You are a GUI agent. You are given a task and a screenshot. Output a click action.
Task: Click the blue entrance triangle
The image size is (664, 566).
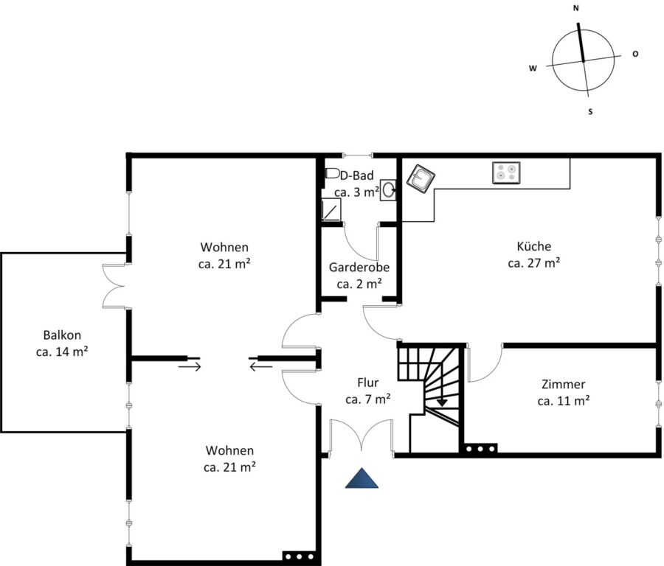(x=362, y=478)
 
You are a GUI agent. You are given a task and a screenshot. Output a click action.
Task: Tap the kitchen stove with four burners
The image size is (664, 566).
(x=506, y=173)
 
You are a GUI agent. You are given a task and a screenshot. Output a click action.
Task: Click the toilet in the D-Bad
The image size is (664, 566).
(x=333, y=173)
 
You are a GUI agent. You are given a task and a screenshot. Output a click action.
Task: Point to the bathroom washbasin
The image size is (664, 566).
(x=388, y=190)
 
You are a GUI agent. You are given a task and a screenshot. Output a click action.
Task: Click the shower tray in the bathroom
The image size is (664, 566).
(x=331, y=209)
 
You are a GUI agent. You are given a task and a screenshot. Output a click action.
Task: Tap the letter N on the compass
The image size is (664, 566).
(x=576, y=8)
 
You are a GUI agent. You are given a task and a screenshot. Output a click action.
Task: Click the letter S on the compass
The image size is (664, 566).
(x=590, y=112)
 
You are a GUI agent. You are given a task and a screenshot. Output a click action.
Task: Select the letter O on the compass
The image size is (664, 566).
(x=635, y=54)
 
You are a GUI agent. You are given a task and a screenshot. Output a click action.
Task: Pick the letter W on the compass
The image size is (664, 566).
(x=533, y=68)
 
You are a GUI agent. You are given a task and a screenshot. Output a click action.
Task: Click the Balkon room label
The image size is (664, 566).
(x=62, y=335)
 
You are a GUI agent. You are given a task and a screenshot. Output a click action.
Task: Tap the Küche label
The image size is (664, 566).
(x=534, y=246)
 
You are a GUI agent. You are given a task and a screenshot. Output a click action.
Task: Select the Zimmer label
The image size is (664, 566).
(x=563, y=384)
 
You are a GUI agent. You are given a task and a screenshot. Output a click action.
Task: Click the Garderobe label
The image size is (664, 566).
(x=359, y=268)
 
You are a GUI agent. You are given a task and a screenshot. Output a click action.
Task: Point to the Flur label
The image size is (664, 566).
(x=368, y=382)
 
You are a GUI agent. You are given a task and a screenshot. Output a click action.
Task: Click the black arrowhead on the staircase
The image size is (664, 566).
(x=442, y=402)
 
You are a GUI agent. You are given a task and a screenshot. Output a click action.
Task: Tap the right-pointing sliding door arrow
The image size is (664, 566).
(x=190, y=366)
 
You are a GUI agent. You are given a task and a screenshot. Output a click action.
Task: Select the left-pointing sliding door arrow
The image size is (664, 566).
(x=261, y=366)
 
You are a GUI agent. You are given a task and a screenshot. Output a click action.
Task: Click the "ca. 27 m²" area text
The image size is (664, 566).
(x=534, y=262)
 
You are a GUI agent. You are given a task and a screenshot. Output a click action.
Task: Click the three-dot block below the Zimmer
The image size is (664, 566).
(x=480, y=449)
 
